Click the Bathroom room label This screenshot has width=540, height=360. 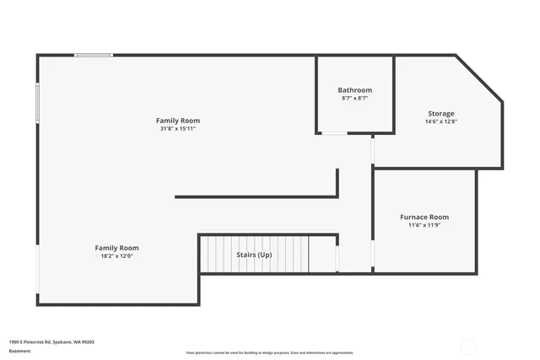pos(354,90)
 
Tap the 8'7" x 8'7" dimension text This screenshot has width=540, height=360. pos(354,99)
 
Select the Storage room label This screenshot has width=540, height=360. pos(440,114)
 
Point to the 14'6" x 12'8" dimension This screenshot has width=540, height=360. pos(440,122)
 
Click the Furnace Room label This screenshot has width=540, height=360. pos(424,217)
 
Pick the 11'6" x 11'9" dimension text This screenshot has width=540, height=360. pos(424,225)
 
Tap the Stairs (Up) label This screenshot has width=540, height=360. pos(253,255)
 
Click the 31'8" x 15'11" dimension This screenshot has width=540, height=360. pos(177,129)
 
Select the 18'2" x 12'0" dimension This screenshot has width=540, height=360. pos(116,256)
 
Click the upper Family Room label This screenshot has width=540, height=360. pos(177,121)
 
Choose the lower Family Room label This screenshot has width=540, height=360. pos(116,248)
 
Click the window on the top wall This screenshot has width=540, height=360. pos(94,56)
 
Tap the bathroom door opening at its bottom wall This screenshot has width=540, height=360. pos(335,133)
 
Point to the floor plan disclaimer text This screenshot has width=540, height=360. pos(269,352)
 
